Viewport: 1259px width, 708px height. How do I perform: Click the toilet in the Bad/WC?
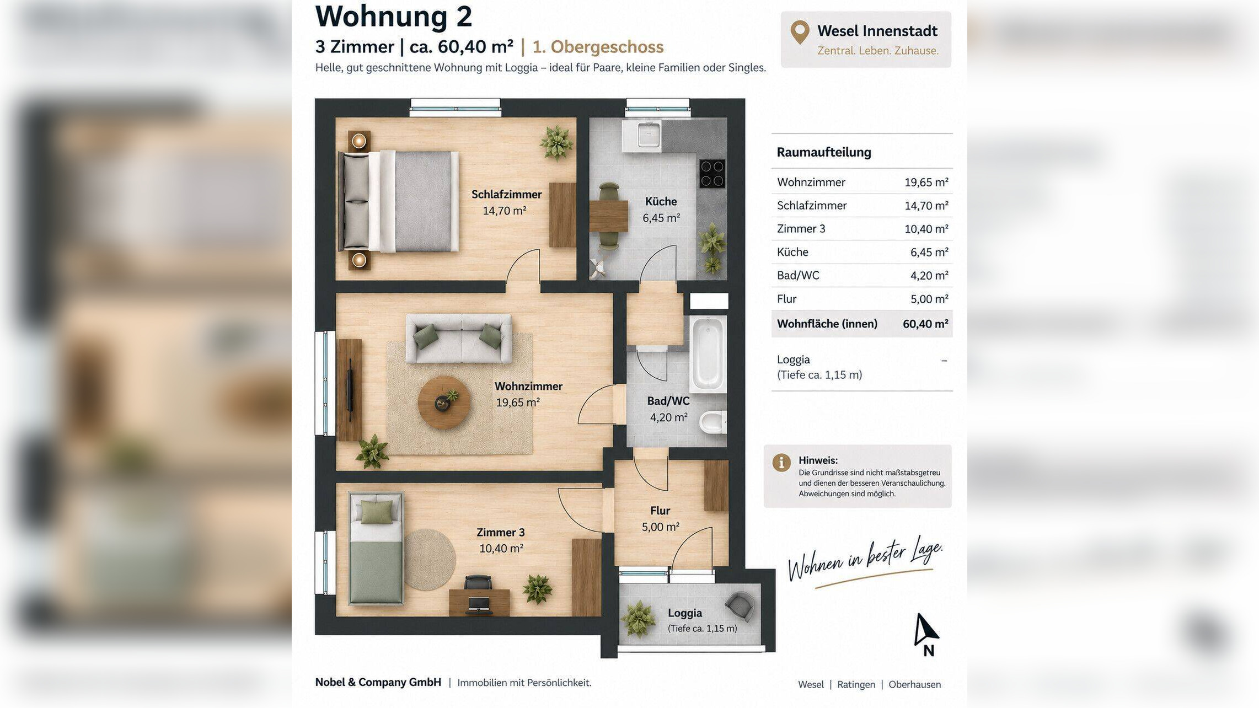713,422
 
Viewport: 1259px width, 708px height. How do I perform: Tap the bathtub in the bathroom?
708,353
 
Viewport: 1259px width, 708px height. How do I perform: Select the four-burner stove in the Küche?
712,174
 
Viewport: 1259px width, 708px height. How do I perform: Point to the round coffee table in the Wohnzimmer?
444,403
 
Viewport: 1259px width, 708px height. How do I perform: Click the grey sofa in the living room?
458,339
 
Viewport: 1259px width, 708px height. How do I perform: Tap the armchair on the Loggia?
740,607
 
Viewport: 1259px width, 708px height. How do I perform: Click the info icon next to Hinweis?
781,462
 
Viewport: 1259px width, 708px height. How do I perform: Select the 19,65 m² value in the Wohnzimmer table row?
926,182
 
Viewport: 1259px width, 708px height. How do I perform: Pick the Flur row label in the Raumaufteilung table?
786,299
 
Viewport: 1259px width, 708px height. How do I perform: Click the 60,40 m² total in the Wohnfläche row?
925,324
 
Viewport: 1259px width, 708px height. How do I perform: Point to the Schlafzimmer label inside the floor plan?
506,194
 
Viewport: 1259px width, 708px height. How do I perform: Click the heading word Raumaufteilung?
824,152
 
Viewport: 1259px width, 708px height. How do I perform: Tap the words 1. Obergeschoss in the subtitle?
598,47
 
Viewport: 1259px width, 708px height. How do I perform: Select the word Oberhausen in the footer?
914,684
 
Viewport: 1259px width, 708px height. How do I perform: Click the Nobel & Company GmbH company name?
378,682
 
